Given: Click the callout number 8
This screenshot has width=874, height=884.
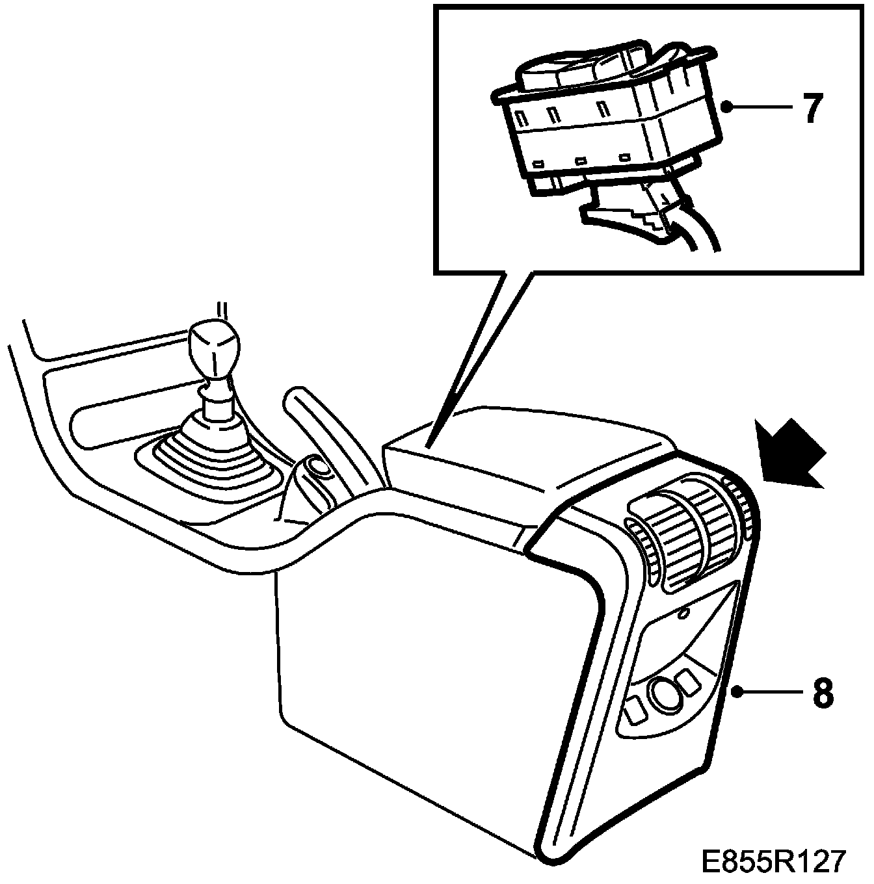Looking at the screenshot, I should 822,693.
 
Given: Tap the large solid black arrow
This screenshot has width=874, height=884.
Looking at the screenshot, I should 788,455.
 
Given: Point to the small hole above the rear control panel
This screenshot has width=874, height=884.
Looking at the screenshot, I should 683,613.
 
